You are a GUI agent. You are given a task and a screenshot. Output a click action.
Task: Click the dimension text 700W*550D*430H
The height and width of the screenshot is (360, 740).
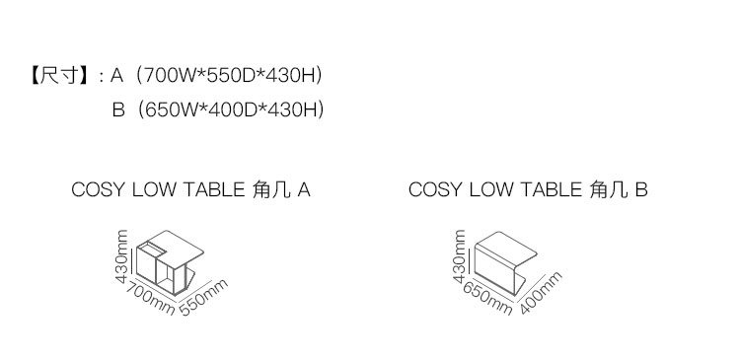pos(229,76)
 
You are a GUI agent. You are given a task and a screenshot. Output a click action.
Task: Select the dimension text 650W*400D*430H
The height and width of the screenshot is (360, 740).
pos(231,109)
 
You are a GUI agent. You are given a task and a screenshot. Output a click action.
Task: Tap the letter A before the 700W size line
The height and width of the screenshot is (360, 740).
pos(116,76)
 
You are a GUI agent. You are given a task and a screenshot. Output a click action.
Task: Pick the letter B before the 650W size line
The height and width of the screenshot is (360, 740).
pos(118,109)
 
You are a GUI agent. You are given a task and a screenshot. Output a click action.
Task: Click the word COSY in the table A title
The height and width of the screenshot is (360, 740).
pos(98,189)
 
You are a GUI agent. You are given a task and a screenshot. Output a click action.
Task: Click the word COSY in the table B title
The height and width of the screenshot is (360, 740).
pos(435,189)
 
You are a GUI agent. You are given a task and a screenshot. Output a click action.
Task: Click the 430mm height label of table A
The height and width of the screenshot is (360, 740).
pos(121,256)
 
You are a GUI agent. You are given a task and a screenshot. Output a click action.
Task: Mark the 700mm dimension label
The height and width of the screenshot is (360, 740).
pos(150,298)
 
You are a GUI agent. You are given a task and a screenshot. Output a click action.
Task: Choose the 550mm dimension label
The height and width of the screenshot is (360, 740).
pos(204,297)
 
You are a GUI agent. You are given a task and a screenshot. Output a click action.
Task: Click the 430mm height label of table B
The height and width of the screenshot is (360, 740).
pos(459,256)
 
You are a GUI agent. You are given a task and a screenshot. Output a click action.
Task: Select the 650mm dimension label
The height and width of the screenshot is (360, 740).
pos(487,298)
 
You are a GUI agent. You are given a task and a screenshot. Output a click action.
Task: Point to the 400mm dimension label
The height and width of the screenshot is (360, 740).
pos(541,293)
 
